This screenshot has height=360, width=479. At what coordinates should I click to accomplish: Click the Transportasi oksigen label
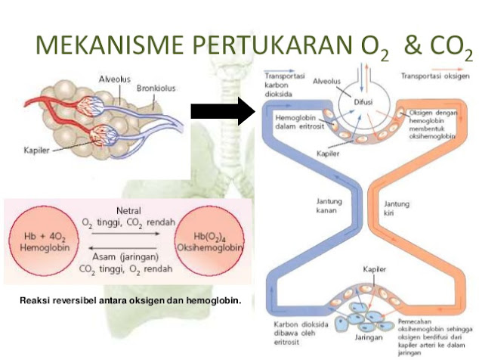436,76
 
